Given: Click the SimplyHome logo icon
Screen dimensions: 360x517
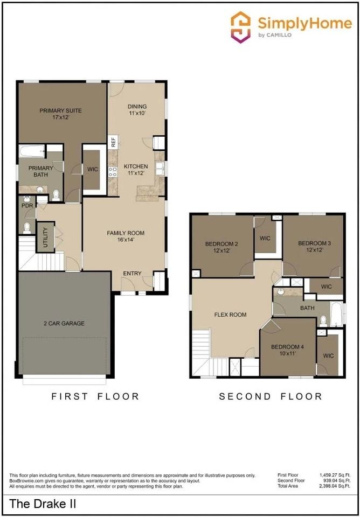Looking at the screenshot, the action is pyautogui.click(x=240, y=27).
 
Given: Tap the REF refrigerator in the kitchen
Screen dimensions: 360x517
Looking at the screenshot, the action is pyautogui.click(x=113, y=142).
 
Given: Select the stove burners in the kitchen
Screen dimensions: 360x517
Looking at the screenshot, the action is pyautogui.click(x=113, y=171).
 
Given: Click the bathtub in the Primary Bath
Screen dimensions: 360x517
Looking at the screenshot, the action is pyautogui.click(x=32, y=152).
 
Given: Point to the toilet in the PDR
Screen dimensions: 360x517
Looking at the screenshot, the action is pyautogui.click(x=27, y=227).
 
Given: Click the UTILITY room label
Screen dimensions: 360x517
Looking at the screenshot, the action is pyautogui.click(x=45, y=237).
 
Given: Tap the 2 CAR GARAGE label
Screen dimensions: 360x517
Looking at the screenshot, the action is pyautogui.click(x=64, y=324).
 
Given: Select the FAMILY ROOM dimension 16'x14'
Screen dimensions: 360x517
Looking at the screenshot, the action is pyautogui.click(x=126, y=240).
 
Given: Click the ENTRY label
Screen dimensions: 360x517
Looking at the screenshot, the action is pyautogui.click(x=133, y=274).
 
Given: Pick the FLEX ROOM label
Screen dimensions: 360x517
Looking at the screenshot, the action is pyautogui.click(x=230, y=315).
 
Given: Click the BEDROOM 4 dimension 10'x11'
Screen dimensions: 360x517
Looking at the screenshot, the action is pyautogui.click(x=287, y=353).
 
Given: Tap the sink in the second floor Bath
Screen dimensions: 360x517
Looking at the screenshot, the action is pyautogui.click(x=280, y=291).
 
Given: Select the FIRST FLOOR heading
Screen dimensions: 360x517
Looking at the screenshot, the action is pyautogui.click(x=95, y=396).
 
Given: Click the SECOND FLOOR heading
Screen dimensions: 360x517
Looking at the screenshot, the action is pyautogui.click(x=271, y=396).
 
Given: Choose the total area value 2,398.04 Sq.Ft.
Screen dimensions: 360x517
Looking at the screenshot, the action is pyautogui.click(x=335, y=486).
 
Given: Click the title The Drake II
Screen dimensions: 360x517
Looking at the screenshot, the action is pyautogui.click(x=43, y=504).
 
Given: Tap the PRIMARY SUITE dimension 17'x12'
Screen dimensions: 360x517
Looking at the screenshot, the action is pyautogui.click(x=60, y=117).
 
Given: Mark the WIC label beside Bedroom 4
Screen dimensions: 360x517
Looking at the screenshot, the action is pyautogui.click(x=328, y=356).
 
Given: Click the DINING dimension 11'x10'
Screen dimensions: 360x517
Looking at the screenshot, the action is pyautogui.click(x=137, y=113).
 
